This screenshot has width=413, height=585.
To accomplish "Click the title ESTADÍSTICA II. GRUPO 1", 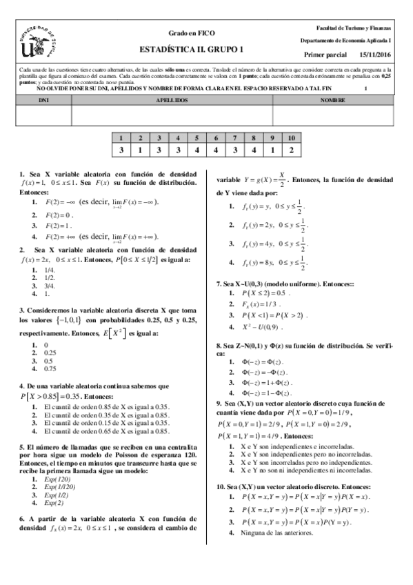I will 192,49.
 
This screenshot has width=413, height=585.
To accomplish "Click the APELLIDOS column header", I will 172,100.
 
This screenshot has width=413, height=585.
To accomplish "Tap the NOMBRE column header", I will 333,100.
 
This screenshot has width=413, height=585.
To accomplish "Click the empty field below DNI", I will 43,115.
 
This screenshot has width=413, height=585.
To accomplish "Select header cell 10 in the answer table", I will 292,138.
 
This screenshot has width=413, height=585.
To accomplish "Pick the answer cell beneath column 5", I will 197,150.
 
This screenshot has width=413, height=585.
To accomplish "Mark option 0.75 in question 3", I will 49,368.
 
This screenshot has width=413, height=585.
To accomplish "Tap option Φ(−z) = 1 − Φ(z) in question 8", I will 264,393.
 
